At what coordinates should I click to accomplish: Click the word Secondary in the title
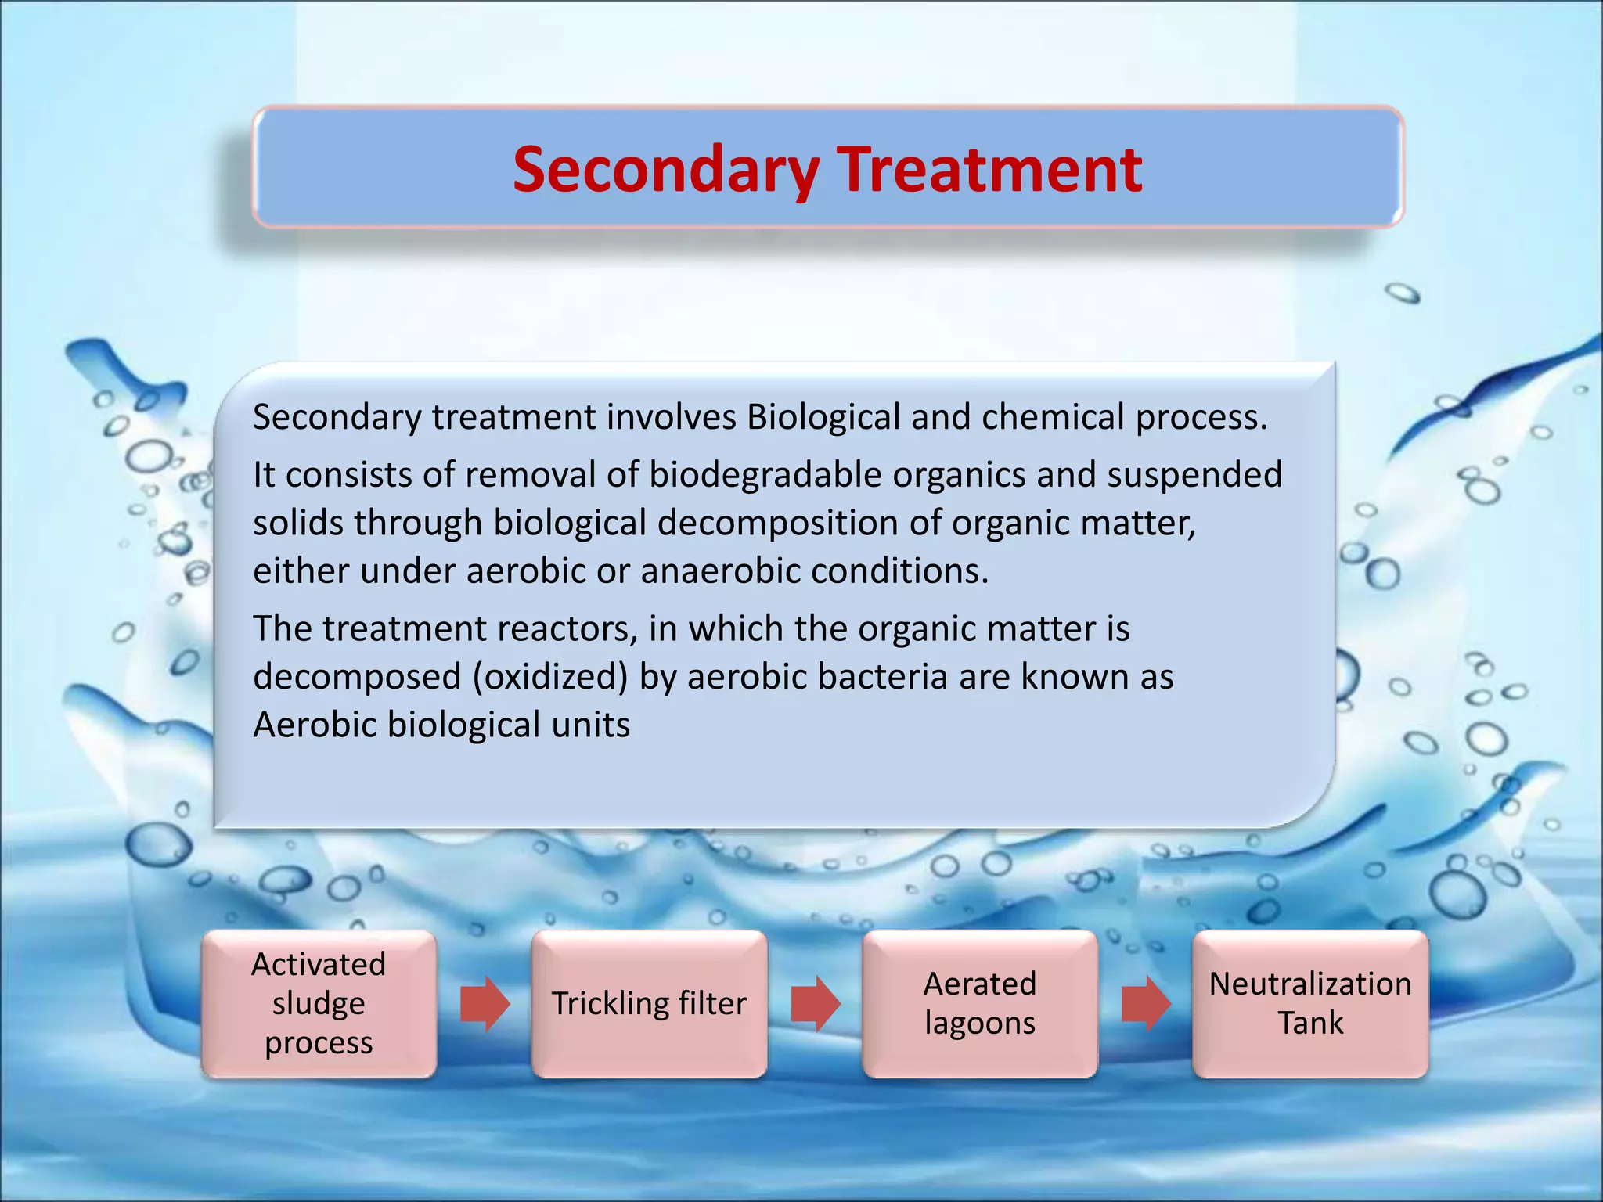click(x=666, y=170)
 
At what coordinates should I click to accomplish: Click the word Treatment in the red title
click(x=989, y=170)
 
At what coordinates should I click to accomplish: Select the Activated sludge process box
click(x=319, y=1003)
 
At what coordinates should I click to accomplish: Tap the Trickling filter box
click(x=649, y=1003)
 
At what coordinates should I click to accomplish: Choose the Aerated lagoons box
click(x=980, y=1003)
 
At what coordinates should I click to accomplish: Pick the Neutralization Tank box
click(x=1310, y=1003)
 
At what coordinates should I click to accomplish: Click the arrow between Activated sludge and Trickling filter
click(x=485, y=1003)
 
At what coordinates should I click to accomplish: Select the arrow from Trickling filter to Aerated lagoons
click(x=815, y=1003)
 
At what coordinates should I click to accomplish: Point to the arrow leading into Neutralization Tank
click(x=1145, y=1003)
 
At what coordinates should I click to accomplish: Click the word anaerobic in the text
click(x=720, y=571)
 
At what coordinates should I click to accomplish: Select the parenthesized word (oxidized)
click(x=550, y=677)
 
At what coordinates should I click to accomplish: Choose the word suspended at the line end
click(x=1194, y=475)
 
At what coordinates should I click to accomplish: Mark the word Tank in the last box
click(x=1310, y=1023)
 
